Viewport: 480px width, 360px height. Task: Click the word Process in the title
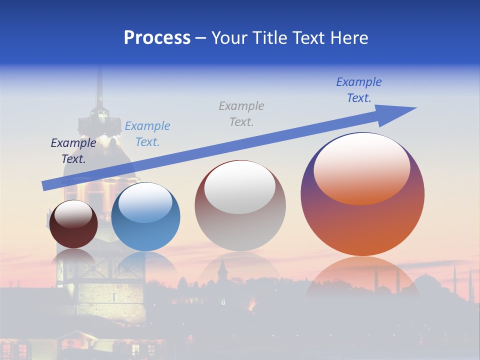[x=157, y=38]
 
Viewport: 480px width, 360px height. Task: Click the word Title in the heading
[x=269, y=38]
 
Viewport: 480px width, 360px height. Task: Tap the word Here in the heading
[x=348, y=38]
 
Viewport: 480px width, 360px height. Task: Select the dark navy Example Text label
[x=73, y=151]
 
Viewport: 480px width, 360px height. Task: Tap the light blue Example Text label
[x=147, y=134]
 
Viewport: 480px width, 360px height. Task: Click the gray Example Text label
[x=241, y=113]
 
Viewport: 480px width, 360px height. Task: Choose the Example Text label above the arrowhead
[x=359, y=89]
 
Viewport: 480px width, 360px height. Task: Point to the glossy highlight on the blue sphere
[x=145, y=202]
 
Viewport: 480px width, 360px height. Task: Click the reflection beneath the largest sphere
[x=362, y=277]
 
